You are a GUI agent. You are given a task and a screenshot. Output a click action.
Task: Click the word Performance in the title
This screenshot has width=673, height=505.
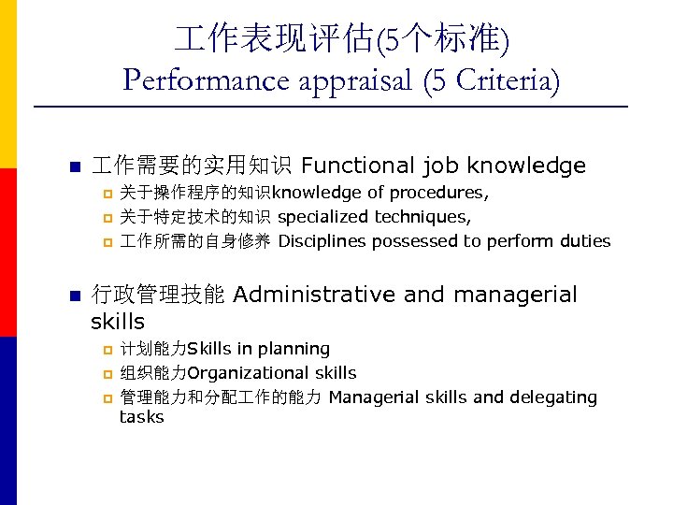click(207, 80)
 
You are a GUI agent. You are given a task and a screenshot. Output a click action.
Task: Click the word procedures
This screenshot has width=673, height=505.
click(437, 193)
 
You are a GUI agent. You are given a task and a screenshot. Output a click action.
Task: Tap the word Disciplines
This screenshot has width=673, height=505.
click(322, 241)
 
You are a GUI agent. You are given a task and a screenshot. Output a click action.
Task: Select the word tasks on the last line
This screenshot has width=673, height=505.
click(141, 417)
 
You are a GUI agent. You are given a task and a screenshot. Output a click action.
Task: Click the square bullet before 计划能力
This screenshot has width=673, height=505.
click(107, 350)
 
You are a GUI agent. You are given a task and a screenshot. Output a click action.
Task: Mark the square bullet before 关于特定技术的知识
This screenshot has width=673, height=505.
click(107, 218)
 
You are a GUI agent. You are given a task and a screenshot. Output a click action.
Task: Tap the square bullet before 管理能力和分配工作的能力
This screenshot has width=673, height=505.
click(107, 398)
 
